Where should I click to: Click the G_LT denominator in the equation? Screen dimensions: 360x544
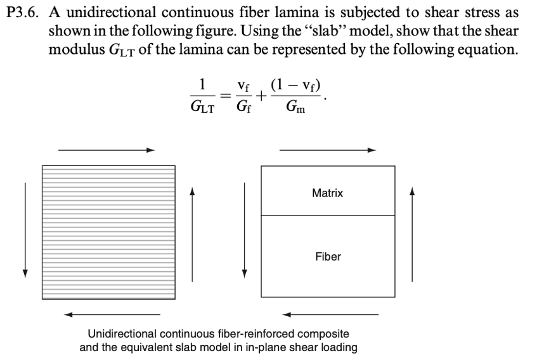click(x=202, y=108)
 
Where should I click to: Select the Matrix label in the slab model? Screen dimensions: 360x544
click(x=327, y=193)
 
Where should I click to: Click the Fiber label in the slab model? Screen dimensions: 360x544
click(x=328, y=257)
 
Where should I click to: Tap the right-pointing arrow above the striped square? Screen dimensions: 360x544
click(x=107, y=150)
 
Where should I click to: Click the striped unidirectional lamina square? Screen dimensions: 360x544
click(x=108, y=231)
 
